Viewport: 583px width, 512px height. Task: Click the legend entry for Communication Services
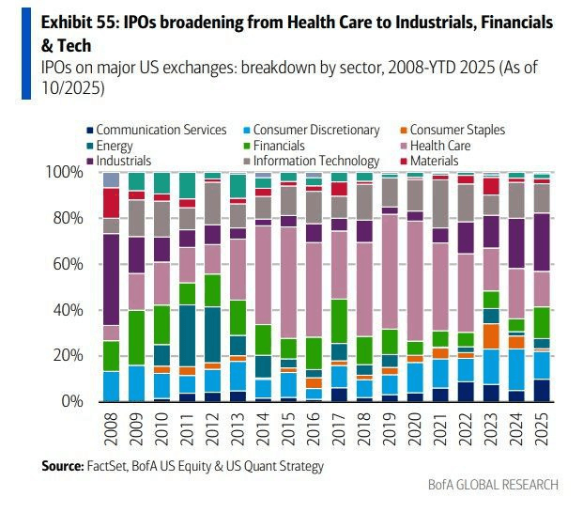pos(155,130)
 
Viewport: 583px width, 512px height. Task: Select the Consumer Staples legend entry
pos(450,130)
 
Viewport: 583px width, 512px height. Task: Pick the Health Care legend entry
pos(442,146)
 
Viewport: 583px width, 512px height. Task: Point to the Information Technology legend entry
pos(314,161)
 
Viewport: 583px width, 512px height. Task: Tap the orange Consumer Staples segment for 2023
pos(490,336)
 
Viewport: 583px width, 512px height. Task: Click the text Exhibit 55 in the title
pos(71,22)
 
